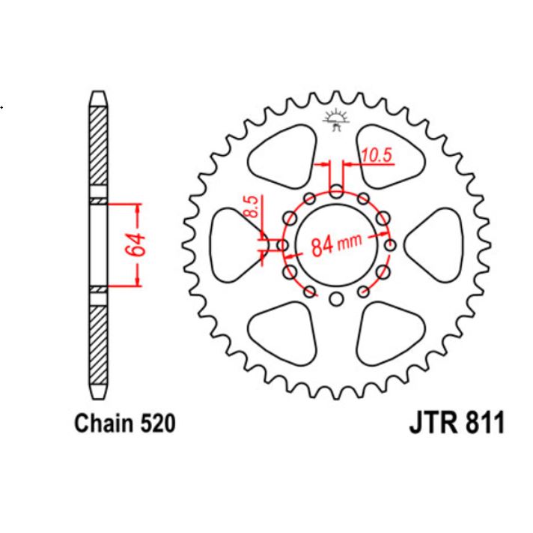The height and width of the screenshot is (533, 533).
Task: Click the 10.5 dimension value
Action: coord(377,155)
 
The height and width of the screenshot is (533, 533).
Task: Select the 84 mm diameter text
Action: coord(336,244)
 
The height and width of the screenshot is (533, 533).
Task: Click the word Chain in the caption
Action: coord(103,424)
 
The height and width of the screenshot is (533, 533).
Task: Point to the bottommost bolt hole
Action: coord(336,300)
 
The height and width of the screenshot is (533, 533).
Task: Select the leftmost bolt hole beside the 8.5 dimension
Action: coord(281,245)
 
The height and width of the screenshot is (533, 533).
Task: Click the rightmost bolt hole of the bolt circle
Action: coord(390,245)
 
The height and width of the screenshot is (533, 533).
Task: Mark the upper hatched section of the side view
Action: coord(98,150)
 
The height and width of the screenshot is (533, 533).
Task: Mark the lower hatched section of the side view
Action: coord(98,341)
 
